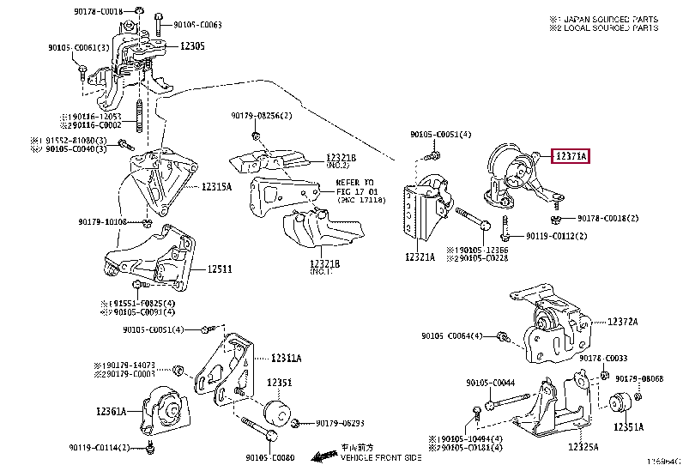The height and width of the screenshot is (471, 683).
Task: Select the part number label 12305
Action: pyautogui.click(x=192, y=45)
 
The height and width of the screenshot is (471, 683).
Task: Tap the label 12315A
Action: pyautogui.click(x=217, y=186)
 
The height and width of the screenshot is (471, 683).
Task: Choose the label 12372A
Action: pyautogui.click(x=623, y=322)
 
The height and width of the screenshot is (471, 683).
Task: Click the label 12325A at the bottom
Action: pyautogui.click(x=583, y=447)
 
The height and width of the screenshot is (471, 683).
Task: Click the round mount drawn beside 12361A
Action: pyautogui.click(x=163, y=410)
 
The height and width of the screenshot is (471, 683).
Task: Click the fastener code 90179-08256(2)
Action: pyautogui.click(x=261, y=116)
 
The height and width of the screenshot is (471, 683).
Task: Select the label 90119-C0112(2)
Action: pyautogui.click(x=557, y=235)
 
